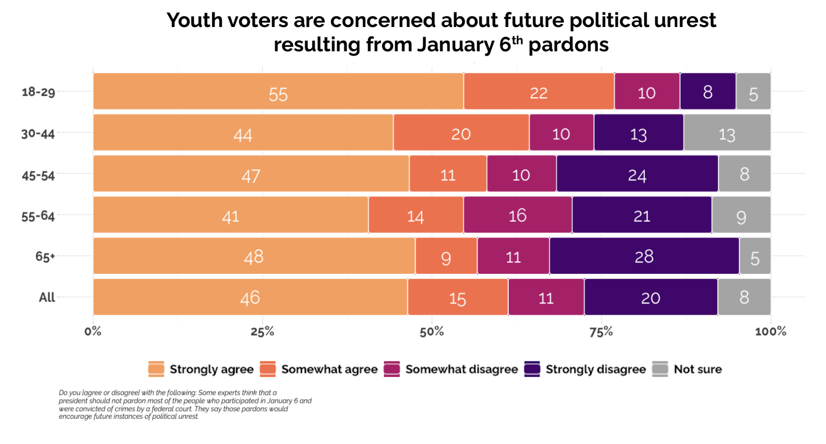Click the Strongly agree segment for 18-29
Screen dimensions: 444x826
[x=278, y=91]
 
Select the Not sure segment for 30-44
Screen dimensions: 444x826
[x=727, y=132]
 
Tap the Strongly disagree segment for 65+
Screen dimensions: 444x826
[x=644, y=256]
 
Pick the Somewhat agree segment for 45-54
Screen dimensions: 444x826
[x=448, y=174]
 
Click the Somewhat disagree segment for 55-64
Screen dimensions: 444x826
[x=517, y=215]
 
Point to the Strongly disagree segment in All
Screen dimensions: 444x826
[x=650, y=297]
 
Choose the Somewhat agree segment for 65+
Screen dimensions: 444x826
[x=446, y=256]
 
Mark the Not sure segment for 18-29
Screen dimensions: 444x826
[x=753, y=91]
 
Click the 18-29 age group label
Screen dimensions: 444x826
[x=38, y=92]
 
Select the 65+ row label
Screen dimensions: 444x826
[x=45, y=257]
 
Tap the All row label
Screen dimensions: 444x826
[x=47, y=297]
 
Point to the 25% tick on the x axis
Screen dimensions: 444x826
[x=262, y=331]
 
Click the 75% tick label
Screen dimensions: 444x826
[x=601, y=331]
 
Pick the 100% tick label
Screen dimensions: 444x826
[x=770, y=331]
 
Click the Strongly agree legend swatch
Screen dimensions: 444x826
[x=156, y=369]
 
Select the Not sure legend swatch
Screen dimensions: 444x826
[x=660, y=369]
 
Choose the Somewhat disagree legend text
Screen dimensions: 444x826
[x=461, y=369]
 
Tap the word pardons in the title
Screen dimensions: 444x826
[x=568, y=45]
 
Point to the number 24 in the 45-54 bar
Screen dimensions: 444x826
[x=637, y=175]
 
